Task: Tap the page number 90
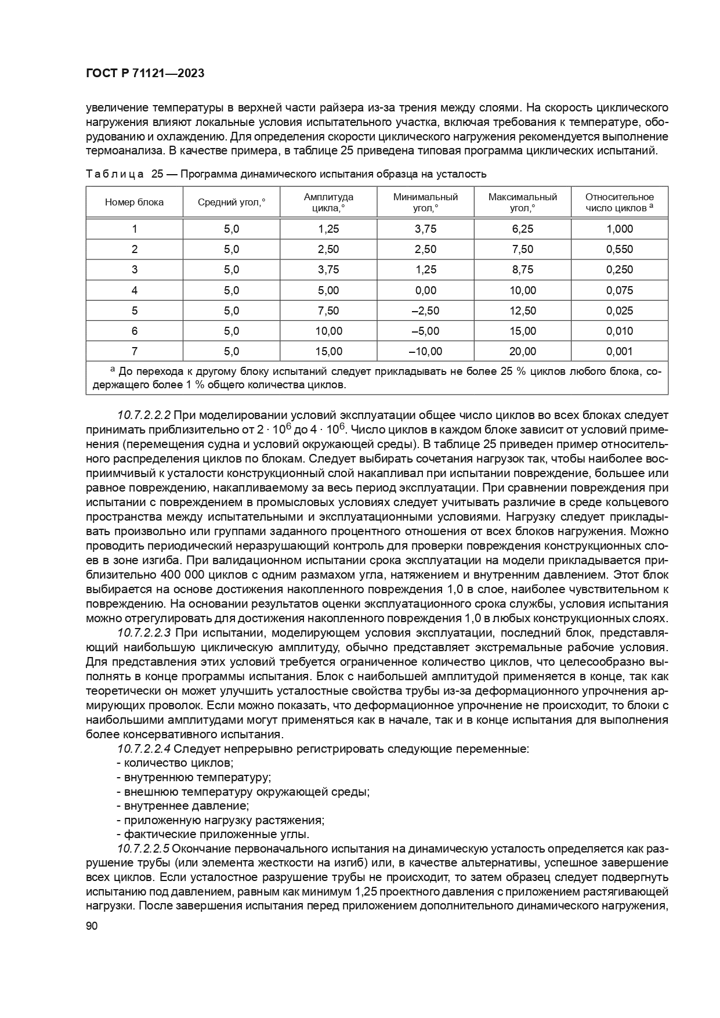(x=92, y=926)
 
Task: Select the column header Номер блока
(x=135, y=203)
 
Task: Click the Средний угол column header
(x=231, y=203)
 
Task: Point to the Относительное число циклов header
(x=619, y=203)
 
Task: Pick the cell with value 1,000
(x=620, y=229)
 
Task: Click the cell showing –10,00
(x=425, y=351)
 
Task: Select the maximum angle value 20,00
(x=523, y=351)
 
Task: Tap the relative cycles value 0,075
(x=620, y=290)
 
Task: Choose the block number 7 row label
(x=135, y=351)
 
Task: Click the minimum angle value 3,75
(x=425, y=229)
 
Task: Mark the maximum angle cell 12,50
(x=523, y=311)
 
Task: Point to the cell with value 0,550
(x=620, y=250)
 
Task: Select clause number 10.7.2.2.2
(x=144, y=416)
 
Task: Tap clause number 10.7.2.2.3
(x=144, y=633)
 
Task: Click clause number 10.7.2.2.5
(x=144, y=849)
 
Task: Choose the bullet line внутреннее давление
(x=183, y=806)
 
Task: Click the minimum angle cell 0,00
(x=425, y=290)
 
